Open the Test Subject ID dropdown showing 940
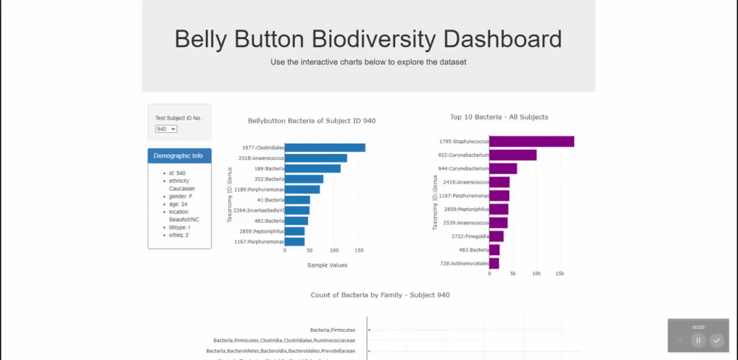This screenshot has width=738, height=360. pyautogui.click(x=166, y=129)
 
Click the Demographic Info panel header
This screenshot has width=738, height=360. pyautogui.click(x=179, y=156)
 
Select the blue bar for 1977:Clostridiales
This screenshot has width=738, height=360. pyautogui.click(x=325, y=148)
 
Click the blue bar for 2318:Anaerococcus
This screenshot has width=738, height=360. pyautogui.click(x=316, y=158)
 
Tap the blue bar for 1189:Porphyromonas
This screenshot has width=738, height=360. pyautogui.click(x=302, y=190)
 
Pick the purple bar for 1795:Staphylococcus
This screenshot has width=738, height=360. pyautogui.click(x=531, y=142)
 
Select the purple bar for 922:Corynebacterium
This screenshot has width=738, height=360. pyautogui.click(x=513, y=155)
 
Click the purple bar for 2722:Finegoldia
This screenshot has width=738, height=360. pyautogui.click(x=496, y=237)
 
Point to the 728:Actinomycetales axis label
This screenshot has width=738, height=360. pyautogui.click(x=464, y=263)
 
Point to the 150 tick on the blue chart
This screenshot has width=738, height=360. pyautogui.click(x=359, y=250)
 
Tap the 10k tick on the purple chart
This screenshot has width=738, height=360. pyautogui.click(x=537, y=273)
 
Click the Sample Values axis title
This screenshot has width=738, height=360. pyautogui.click(x=326, y=265)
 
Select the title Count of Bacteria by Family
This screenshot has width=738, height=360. pyautogui.click(x=380, y=295)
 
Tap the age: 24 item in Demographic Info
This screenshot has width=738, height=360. pyautogui.click(x=178, y=204)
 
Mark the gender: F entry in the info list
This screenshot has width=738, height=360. pyautogui.click(x=181, y=196)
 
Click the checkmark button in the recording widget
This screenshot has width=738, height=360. pyautogui.click(x=717, y=340)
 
